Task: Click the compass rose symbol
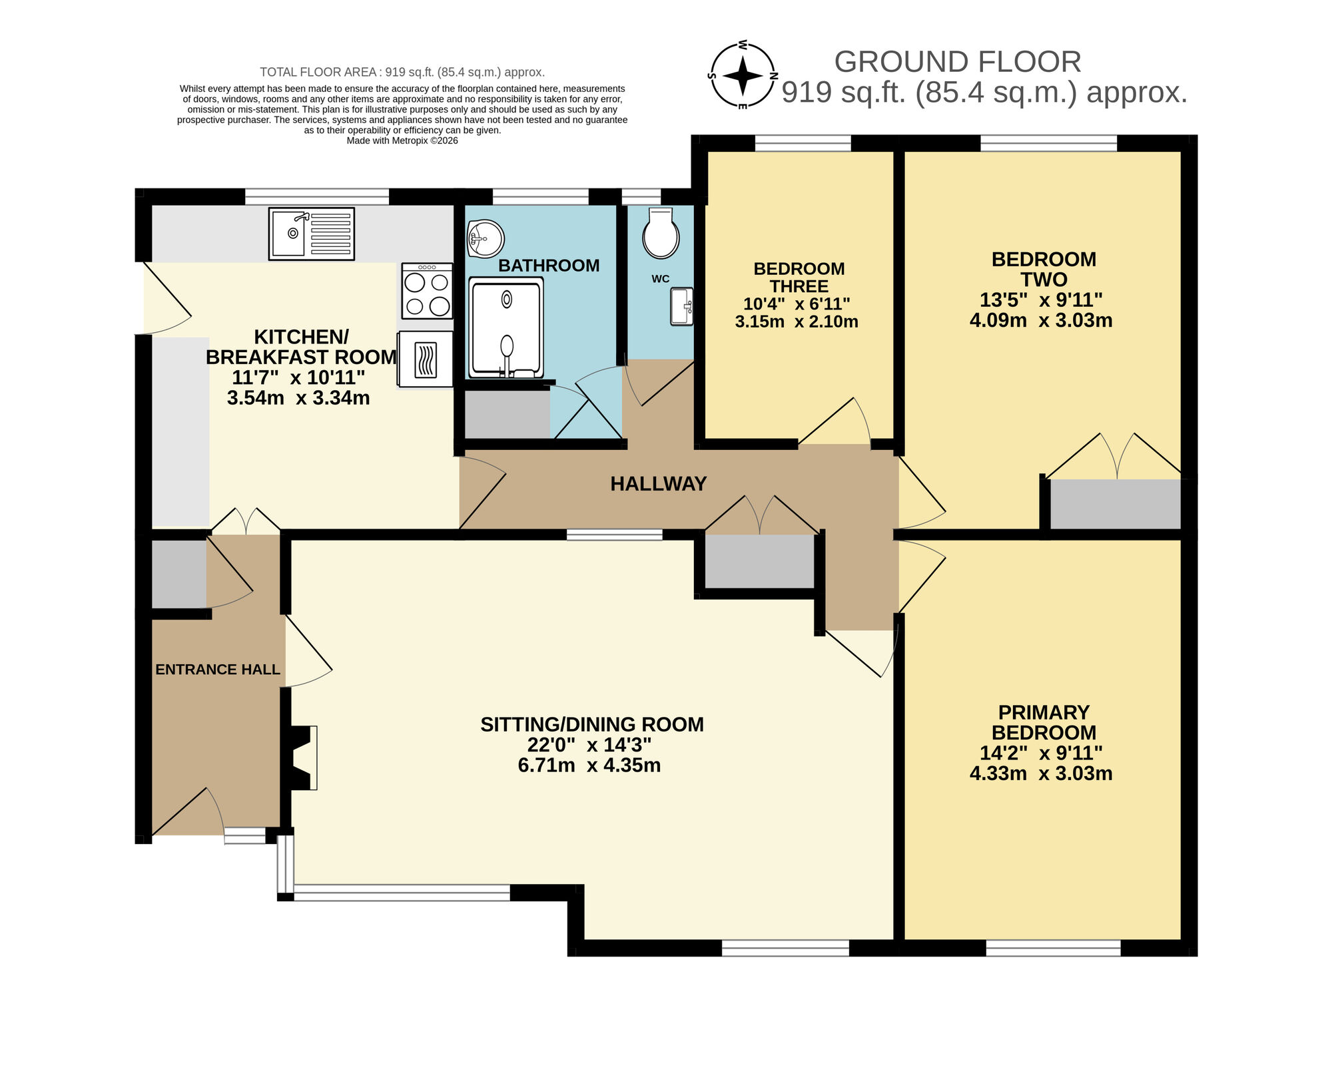(743, 75)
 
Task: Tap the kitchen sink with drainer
(311, 233)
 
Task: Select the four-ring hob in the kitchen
(427, 291)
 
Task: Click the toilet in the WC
(661, 234)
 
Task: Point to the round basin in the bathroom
(485, 239)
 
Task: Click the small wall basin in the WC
(681, 306)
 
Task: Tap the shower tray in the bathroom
(506, 327)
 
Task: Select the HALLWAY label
(658, 484)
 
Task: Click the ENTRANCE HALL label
(218, 670)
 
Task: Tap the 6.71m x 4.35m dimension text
(589, 765)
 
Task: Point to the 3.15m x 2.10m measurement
(797, 322)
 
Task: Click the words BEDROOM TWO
(1043, 269)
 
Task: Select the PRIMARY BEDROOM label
(1044, 722)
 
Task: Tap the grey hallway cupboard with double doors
(759, 561)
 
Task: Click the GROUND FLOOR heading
(957, 62)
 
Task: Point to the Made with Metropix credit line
(402, 140)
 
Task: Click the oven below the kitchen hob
(426, 359)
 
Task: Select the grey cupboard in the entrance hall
(178, 574)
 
